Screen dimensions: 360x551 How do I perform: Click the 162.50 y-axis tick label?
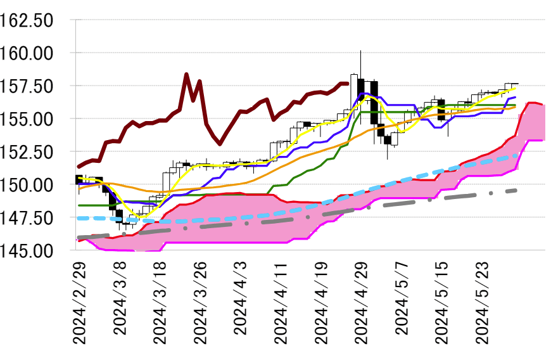[x=34, y=20]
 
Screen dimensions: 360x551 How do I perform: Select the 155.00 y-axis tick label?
[x=34, y=119]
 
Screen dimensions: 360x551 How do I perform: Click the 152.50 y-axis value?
[x=34, y=151]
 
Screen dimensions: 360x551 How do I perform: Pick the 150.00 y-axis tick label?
[x=34, y=184]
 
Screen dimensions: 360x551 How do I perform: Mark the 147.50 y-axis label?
[x=34, y=217]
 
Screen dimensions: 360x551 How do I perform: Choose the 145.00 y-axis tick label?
[x=34, y=250]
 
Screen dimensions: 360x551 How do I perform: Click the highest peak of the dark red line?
[x=186, y=74]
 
